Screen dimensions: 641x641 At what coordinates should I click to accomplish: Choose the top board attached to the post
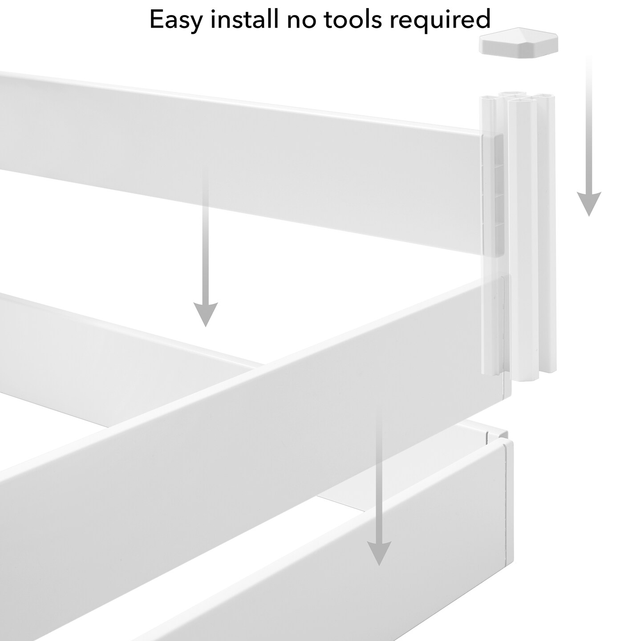pos(267,156)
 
